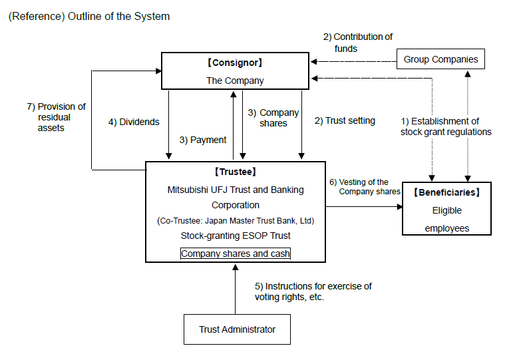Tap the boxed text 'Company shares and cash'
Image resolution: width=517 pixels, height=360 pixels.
point(236,254)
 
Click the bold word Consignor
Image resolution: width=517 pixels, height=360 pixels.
point(235,63)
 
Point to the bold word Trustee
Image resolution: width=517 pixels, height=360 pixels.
point(236,172)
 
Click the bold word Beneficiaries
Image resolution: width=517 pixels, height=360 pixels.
point(446,192)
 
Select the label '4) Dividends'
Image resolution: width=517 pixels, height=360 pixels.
point(134,122)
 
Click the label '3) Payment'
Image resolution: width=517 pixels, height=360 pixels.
point(203,140)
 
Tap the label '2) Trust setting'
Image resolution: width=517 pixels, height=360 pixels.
point(345,120)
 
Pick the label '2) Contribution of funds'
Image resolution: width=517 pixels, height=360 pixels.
point(358,43)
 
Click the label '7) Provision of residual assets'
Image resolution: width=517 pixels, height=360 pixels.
point(56,117)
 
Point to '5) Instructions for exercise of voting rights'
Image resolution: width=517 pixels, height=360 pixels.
point(313,291)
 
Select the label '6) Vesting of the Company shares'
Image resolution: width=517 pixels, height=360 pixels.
point(365,186)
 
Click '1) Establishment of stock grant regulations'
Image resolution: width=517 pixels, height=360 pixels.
point(446,126)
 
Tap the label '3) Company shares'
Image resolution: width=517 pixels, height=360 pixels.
point(273,118)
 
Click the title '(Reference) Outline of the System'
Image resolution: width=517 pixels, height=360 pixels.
point(89,17)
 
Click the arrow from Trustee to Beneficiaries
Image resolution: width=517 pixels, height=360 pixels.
point(364,207)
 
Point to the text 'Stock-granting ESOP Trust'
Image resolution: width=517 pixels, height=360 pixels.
point(236,236)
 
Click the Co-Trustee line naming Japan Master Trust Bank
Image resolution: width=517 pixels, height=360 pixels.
point(236,220)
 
